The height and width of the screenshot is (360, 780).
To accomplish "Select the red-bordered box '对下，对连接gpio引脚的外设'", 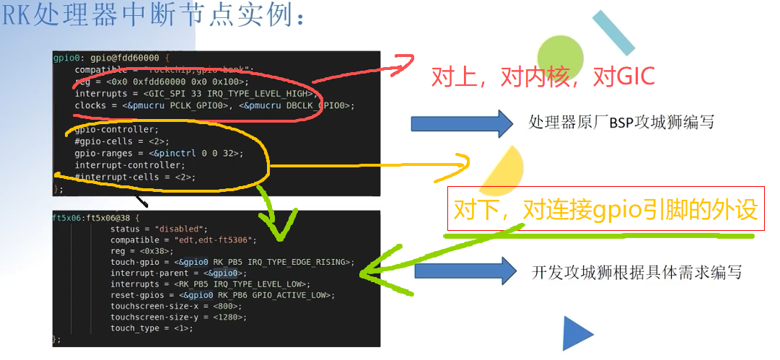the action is [x=605, y=209].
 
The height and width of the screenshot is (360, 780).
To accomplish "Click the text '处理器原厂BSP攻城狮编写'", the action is [x=621, y=122].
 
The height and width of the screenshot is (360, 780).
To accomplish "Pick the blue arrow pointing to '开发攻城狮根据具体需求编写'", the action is [x=465, y=270].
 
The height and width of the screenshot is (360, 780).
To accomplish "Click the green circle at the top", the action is [x=560, y=57].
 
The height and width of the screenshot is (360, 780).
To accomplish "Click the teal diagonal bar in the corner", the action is [x=613, y=33].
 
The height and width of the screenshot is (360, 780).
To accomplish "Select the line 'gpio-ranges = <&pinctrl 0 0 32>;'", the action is [x=159, y=153].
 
